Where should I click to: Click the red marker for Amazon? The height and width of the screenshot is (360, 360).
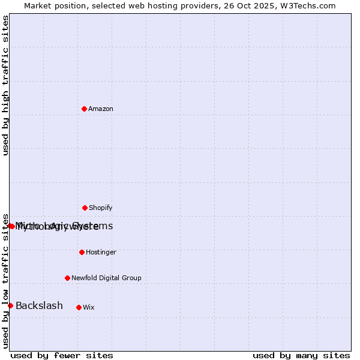pos(84,109)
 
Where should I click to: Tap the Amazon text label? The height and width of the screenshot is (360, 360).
pos(101,109)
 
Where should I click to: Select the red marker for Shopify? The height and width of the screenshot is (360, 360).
pos(85,208)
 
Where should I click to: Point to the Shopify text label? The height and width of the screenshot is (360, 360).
pos(101,208)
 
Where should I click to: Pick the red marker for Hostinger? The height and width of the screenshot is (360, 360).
pos(82,252)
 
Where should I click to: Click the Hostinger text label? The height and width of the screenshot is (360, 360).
pos(101,252)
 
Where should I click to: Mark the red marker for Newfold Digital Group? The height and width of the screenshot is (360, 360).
pos(67,278)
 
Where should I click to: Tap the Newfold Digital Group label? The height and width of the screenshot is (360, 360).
pos(106,278)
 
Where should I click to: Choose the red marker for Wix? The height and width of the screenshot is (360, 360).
pos(79,307)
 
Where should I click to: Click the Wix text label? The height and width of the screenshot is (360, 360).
pos(89,307)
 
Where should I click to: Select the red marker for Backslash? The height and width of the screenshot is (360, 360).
pos(10,305)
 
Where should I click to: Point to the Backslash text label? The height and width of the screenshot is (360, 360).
pos(39,306)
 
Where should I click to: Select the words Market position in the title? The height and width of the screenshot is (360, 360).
pos(53,5)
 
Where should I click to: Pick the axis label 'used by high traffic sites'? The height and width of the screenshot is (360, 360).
pos(5,85)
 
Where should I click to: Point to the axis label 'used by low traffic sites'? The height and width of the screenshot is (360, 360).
pos(5,280)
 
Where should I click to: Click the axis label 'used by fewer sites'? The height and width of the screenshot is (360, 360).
pos(62,355)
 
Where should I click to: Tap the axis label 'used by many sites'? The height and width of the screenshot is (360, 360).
pos(301,355)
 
